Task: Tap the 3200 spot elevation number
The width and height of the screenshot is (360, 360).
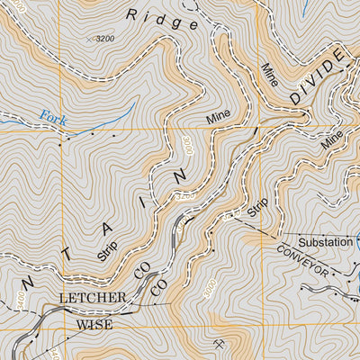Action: pos(105,39)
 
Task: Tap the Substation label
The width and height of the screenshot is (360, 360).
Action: pos(325,242)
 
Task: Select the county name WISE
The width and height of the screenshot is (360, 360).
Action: pos(94,323)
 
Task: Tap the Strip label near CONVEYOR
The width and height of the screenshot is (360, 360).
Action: pos(258,211)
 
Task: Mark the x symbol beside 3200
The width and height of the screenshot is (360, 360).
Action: pos(89,40)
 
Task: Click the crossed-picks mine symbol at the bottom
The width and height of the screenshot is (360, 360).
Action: pos(219,343)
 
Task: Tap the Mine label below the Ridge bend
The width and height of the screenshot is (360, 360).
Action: pos(219,116)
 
